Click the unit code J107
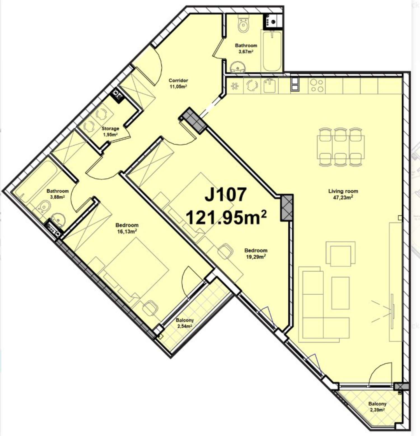(226, 194)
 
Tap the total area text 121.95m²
(226, 217)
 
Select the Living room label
(343, 191)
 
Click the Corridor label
(178, 80)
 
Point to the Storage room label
(110, 129)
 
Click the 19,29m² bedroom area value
(256, 257)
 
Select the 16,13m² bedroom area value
(127, 231)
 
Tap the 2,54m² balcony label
(185, 326)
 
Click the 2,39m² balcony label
(377, 410)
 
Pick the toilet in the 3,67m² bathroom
(243, 24)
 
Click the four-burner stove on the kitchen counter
(317, 85)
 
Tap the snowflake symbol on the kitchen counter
(235, 86)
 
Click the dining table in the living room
(340, 147)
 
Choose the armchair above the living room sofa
(340, 254)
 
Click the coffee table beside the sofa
(340, 293)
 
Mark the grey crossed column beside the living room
(287, 207)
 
